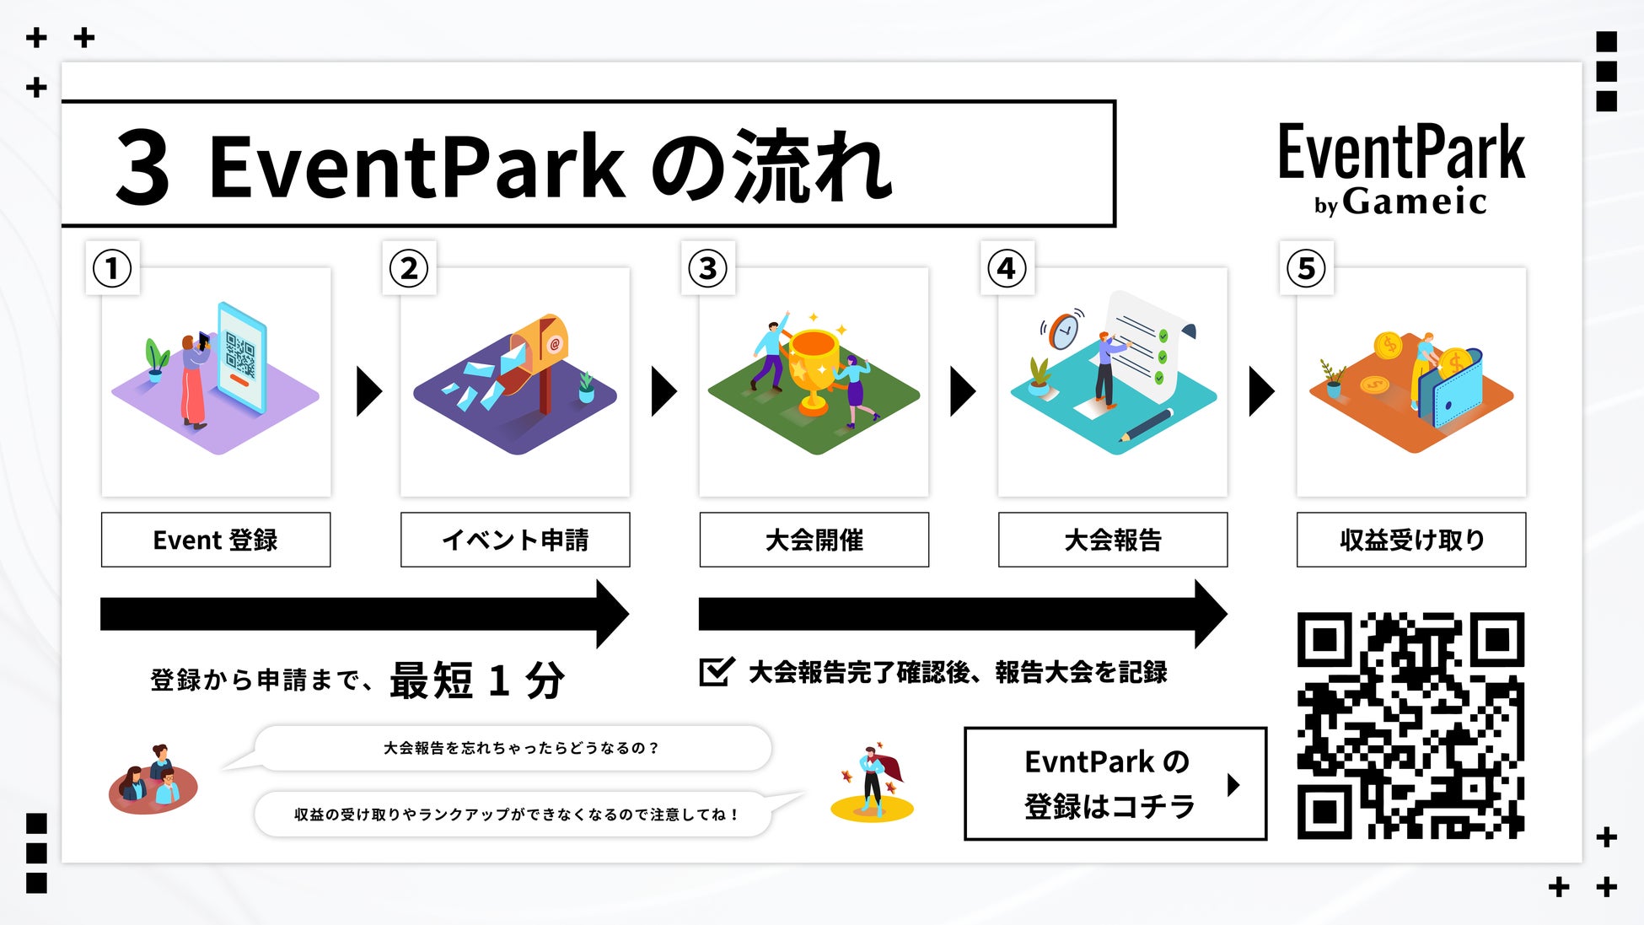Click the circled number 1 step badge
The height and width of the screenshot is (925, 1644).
tap(112, 268)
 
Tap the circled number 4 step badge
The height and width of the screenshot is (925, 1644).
tap(1007, 268)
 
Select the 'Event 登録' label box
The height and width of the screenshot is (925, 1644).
tap(216, 540)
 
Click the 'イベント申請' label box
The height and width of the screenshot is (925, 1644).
tap(515, 540)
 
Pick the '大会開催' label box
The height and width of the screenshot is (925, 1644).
tap(814, 540)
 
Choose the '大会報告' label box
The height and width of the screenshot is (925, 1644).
tap(1113, 540)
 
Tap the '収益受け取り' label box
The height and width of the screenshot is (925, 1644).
tap(1411, 540)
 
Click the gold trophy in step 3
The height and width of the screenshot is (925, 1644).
tap(814, 367)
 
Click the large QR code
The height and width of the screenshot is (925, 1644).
tap(1410, 725)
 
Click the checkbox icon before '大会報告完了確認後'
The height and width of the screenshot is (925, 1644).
tap(717, 672)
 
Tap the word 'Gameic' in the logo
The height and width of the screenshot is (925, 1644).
tap(1414, 202)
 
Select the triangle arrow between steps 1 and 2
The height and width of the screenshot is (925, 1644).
tap(368, 391)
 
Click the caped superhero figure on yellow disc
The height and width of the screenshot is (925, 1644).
tap(872, 780)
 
